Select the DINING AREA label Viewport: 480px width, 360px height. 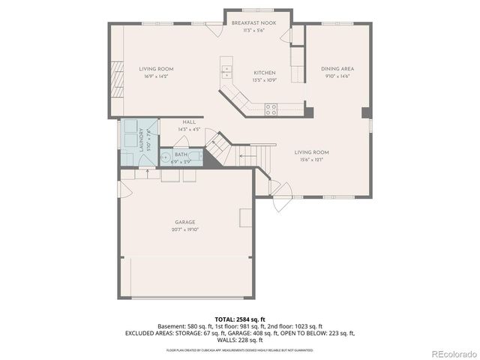click(337, 68)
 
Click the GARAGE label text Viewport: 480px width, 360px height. click(184, 222)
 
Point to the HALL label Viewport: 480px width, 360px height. click(189, 122)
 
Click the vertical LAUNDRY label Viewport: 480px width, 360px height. click(141, 140)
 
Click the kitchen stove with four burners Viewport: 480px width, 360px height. click(271, 109)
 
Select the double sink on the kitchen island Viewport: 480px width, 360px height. click(226, 73)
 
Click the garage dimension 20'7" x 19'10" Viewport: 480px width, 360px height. click(184, 229)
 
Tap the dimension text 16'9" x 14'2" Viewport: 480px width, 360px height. click(155, 76)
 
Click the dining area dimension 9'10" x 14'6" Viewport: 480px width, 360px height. click(337, 76)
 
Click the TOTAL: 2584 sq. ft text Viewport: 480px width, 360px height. click(240, 319)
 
